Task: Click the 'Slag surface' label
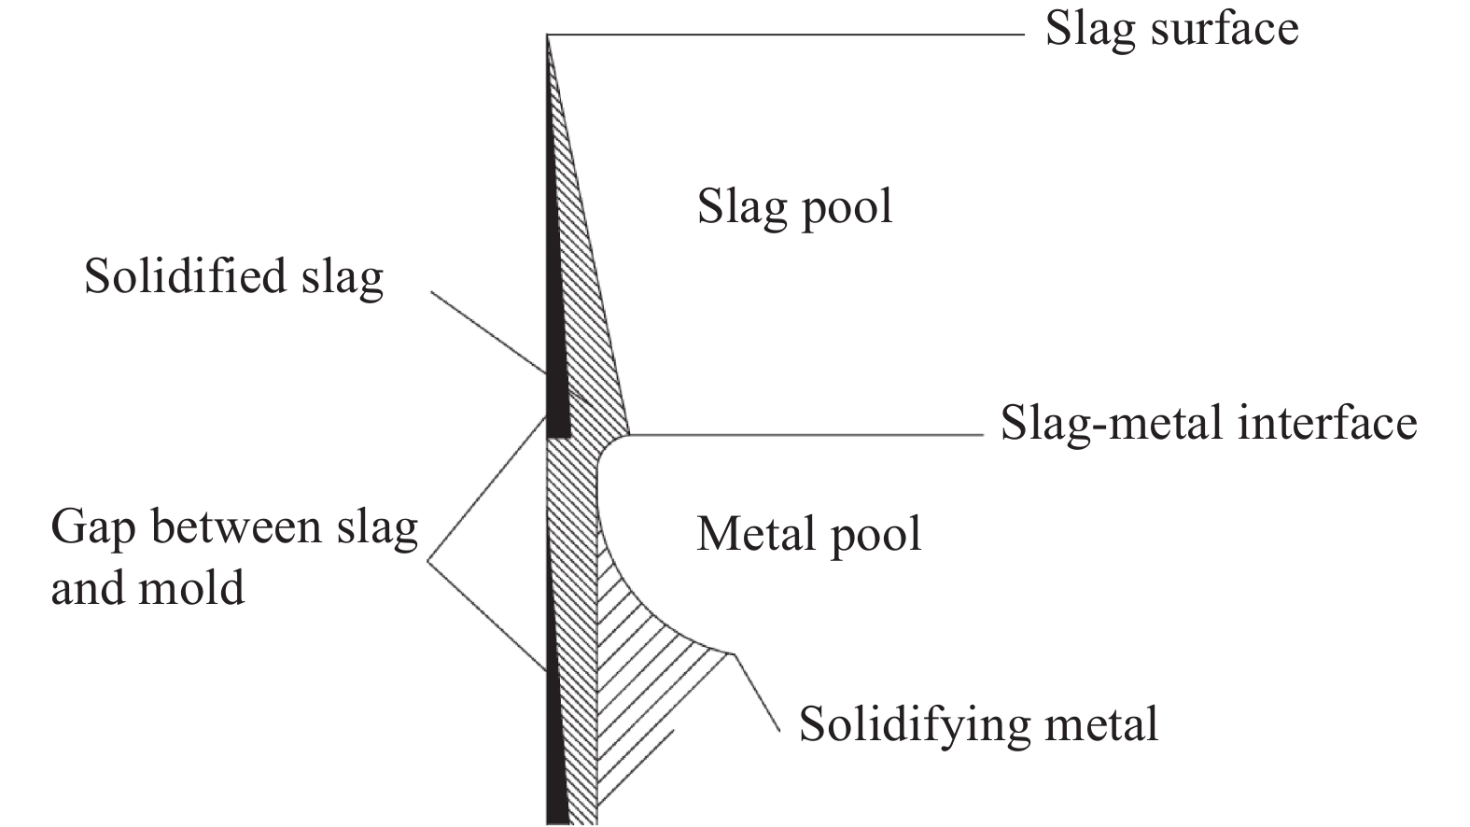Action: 1171,30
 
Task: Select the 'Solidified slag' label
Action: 233,277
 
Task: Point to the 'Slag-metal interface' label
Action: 1209,423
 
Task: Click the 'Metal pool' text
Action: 809,536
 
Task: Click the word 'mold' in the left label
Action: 191,586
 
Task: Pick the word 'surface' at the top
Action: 1225,32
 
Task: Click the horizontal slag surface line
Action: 786,35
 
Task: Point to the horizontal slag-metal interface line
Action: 805,435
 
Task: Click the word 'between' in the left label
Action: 237,527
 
